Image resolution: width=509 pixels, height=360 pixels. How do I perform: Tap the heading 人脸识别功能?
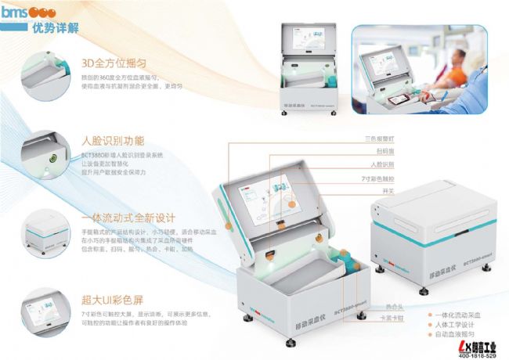[x=113, y=141]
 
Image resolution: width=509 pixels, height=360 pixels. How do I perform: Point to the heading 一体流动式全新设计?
[x=128, y=218]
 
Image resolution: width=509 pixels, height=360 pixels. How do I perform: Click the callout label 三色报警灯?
[x=380, y=138]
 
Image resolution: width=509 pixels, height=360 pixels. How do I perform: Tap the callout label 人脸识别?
[x=381, y=165]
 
